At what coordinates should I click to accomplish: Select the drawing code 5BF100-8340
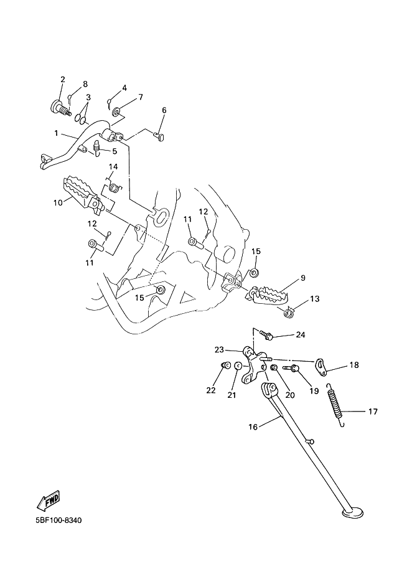[59, 520]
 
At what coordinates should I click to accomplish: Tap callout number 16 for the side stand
[253, 427]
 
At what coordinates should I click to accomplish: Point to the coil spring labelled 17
[337, 405]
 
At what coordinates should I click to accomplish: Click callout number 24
[301, 335]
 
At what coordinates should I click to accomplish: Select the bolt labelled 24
[267, 335]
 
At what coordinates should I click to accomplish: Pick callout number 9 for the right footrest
[302, 278]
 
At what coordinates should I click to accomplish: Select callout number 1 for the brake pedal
[56, 133]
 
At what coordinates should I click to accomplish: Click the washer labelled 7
[116, 111]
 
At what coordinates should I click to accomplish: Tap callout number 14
[113, 166]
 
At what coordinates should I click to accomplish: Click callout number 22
[210, 390]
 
